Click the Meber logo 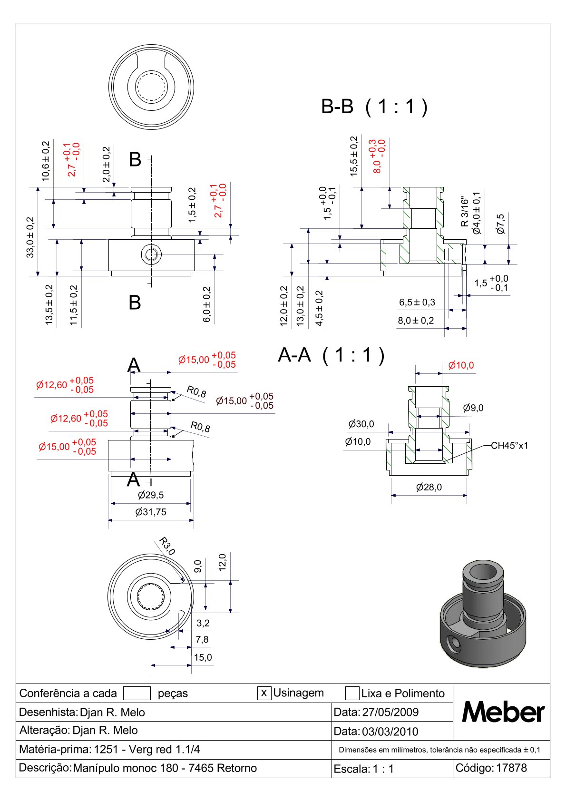(503, 712)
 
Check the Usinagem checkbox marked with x (264, 693)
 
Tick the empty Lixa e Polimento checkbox (352, 693)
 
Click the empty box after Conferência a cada (137, 693)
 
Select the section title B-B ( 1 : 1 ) (374, 107)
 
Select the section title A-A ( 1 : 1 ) (331, 355)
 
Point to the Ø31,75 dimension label (151, 512)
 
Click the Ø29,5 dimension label (151, 495)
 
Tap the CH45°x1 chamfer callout (509, 446)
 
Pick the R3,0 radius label (167, 546)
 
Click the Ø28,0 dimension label (429, 487)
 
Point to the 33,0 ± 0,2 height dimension (30, 237)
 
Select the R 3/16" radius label (465, 212)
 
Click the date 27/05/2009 (390, 712)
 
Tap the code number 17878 (511, 768)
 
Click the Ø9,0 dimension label (473, 408)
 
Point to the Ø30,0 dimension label (361, 424)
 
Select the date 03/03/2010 (390, 731)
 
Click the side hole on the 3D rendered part (455, 645)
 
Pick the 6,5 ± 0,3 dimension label (417, 303)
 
